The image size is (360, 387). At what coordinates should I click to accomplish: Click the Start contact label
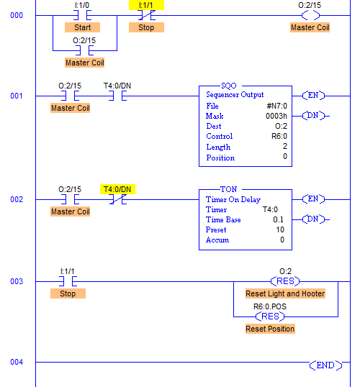click(x=82, y=27)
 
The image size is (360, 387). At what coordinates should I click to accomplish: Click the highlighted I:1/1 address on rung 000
click(x=146, y=5)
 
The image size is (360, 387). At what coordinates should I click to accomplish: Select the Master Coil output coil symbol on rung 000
click(x=310, y=16)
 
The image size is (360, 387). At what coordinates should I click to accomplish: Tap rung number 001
click(x=17, y=96)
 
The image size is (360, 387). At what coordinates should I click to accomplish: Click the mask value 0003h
click(x=276, y=116)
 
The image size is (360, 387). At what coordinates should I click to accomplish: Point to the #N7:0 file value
click(x=276, y=106)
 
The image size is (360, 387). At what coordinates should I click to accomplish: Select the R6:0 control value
click(x=279, y=136)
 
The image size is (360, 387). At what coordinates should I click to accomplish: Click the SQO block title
click(x=229, y=86)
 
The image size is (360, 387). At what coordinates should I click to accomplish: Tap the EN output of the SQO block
click(x=313, y=95)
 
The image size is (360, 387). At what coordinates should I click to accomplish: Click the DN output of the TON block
click(x=313, y=219)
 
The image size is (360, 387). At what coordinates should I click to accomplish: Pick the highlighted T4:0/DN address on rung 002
click(x=117, y=189)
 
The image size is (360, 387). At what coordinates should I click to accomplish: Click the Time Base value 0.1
click(x=278, y=219)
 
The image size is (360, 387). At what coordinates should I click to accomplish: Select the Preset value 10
click(x=280, y=229)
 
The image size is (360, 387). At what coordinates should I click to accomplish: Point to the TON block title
click(x=229, y=189)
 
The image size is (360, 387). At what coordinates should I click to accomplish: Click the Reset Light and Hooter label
click(x=285, y=293)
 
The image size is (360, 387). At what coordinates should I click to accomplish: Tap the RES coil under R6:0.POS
click(x=270, y=317)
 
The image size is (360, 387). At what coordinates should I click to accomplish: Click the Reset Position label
click(x=270, y=329)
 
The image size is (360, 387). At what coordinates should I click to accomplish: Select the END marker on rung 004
click(x=325, y=365)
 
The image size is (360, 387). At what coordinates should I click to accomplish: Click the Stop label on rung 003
click(x=68, y=293)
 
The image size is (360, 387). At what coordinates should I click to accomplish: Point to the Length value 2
click(x=285, y=146)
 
